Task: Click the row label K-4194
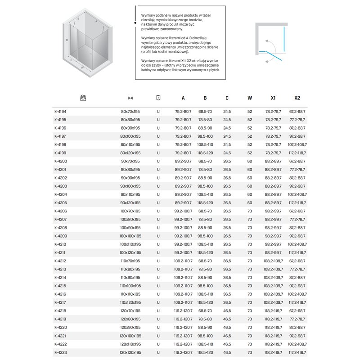(x=60, y=111)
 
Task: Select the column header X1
(x=274, y=98)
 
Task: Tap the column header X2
(x=297, y=98)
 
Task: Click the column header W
(x=249, y=98)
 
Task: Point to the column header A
(x=183, y=98)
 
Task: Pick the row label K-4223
(x=60, y=352)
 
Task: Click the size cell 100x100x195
(x=130, y=236)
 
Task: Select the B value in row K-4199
(x=205, y=153)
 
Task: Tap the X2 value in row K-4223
(x=297, y=352)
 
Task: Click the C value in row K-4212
(x=227, y=261)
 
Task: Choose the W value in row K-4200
(x=249, y=161)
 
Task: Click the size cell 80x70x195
(x=130, y=111)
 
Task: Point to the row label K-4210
(x=60, y=244)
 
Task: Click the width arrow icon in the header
(x=130, y=98)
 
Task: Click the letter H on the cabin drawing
(x=67, y=40)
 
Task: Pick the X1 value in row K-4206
(x=274, y=211)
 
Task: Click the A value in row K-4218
(x=183, y=311)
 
